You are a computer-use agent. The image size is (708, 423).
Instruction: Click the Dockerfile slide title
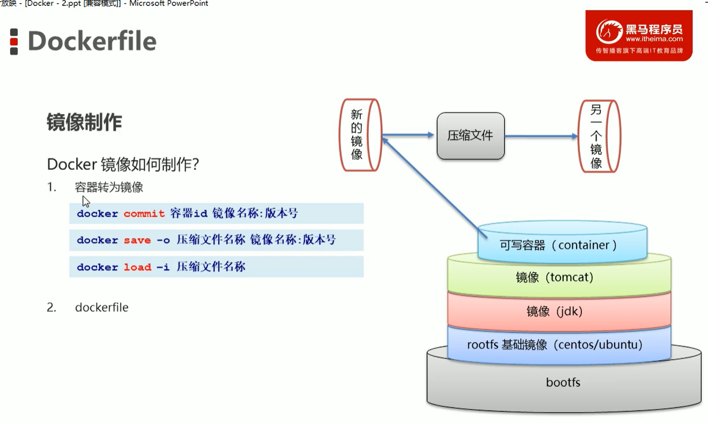tap(92, 41)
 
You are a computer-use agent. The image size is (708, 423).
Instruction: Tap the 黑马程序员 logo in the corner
tap(638, 35)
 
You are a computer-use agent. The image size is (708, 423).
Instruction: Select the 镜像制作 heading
tap(84, 122)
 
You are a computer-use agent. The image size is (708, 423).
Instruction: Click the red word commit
tap(144, 213)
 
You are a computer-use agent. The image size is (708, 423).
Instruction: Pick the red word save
tap(137, 240)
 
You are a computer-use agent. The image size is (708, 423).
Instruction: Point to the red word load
tap(137, 267)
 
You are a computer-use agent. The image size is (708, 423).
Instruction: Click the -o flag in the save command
tap(163, 240)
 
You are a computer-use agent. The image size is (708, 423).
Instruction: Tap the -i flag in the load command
tap(163, 267)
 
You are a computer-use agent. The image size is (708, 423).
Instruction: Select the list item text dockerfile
tap(101, 307)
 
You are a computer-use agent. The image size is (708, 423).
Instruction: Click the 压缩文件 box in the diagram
tap(471, 136)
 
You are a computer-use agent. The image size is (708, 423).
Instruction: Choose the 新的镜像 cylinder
tap(360, 135)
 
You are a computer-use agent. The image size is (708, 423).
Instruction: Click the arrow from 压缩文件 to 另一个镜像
tap(541, 136)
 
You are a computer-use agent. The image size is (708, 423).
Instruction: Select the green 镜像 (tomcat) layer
tap(558, 278)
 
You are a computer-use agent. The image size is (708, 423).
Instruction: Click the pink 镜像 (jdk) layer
tap(558, 311)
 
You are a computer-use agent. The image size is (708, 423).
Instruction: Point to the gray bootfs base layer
tap(563, 383)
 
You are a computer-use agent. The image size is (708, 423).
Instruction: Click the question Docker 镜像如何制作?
tap(123, 164)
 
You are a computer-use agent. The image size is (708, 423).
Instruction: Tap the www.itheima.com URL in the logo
tap(654, 39)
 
